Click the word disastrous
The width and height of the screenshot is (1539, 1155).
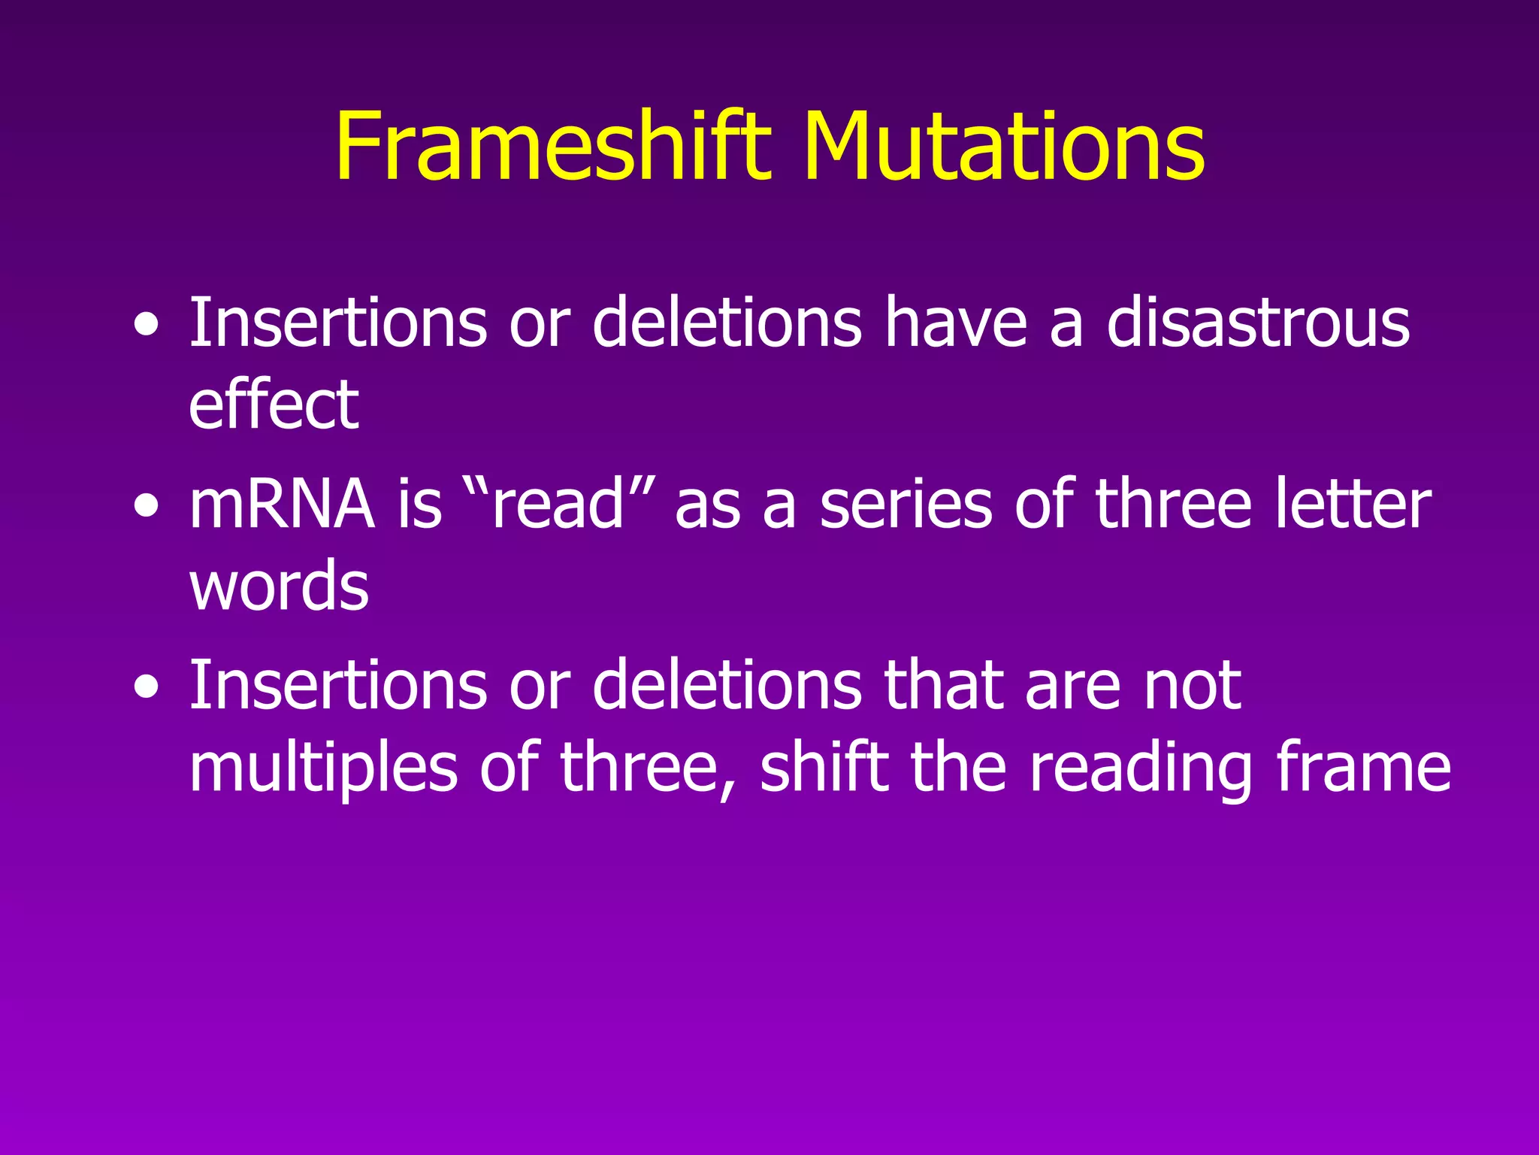click(x=1258, y=323)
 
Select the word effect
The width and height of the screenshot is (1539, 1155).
click(x=274, y=406)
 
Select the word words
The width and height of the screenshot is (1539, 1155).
click(x=279, y=587)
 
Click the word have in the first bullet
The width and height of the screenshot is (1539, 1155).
click(x=954, y=323)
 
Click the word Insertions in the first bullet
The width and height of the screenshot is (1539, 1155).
click(x=337, y=323)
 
